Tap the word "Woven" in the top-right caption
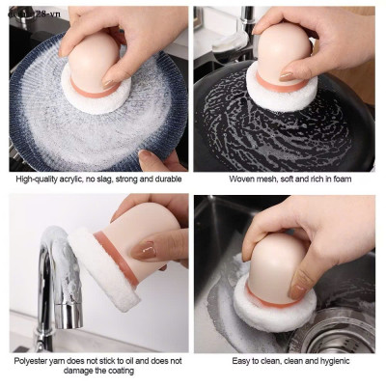pos(242,179)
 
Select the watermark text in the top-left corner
pos(29,9)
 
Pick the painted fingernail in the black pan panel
pos(287,74)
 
